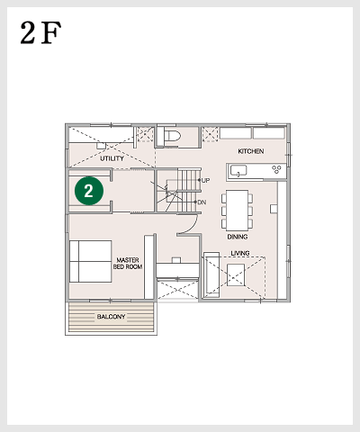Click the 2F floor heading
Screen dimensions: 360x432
coord(40,32)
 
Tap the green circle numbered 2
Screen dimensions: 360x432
coord(89,191)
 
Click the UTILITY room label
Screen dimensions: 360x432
coord(112,158)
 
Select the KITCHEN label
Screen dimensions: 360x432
coord(251,151)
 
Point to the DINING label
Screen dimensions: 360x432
coord(238,237)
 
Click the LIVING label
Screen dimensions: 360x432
coord(240,253)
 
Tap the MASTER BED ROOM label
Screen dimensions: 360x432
coord(128,264)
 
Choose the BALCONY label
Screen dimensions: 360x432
coord(111,317)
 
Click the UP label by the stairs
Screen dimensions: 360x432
coord(205,180)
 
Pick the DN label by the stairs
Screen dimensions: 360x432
coord(202,202)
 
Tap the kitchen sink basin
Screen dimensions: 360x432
coord(238,170)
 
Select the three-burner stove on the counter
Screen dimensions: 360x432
coord(276,169)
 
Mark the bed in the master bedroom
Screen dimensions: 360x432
coord(91,261)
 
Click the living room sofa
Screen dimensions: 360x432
coord(211,274)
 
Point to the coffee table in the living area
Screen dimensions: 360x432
coord(236,274)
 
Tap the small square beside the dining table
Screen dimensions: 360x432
coord(274,209)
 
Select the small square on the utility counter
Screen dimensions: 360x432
coord(101,146)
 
